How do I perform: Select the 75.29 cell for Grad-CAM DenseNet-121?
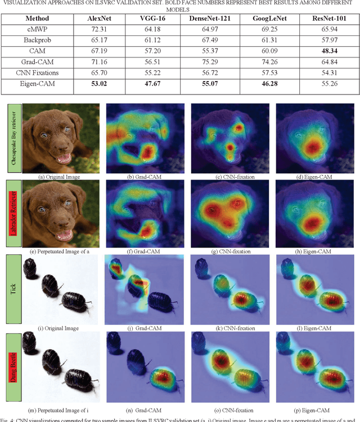pos(204,62)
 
